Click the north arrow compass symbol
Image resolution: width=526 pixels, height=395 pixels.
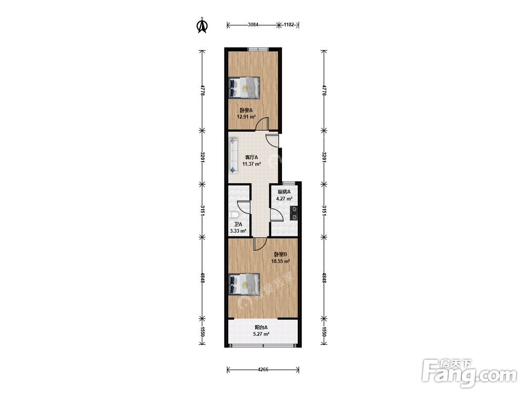(202, 25)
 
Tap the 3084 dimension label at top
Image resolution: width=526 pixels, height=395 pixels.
(253, 25)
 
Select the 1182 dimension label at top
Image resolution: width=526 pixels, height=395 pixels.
(289, 25)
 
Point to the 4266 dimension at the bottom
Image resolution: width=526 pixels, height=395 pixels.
(263, 370)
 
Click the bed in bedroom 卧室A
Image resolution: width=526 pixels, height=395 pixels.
(244, 87)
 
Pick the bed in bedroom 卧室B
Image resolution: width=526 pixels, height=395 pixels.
(244, 284)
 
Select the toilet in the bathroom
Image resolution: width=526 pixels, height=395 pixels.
(234, 215)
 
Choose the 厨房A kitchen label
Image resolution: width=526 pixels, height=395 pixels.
(284, 192)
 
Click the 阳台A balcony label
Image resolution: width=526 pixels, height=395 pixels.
(261, 327)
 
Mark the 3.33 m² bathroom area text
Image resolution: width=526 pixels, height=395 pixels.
(238, 231)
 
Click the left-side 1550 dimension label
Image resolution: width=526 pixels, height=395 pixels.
(203, 331)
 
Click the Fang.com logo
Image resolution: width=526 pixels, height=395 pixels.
(469, 373)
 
